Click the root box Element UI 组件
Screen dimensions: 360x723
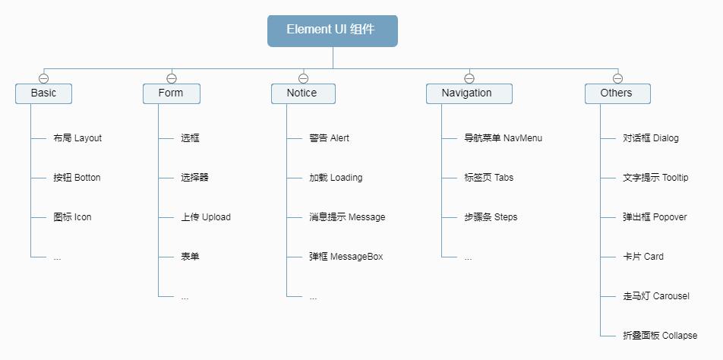(x=332, y=30)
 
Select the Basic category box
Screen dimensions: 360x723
(x=43, y=93)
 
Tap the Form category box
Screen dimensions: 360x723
(x=171, y=93)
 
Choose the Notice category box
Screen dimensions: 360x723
(x=302, y=93)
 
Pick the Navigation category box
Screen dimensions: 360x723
(x=468, y=93)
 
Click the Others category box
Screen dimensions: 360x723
(x=617, y=93)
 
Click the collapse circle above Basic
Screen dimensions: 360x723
(x=43, y=78)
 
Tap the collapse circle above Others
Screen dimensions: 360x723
(x=617, y=78)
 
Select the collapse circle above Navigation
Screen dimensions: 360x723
(x=469, y=78)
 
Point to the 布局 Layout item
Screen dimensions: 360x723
(x=77, y=138)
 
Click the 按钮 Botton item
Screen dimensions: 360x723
(x=77, y=178)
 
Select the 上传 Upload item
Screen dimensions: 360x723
(x=205, y=217)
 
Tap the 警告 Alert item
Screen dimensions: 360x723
(x=329, y=138)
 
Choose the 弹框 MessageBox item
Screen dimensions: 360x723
(x=346, y=257)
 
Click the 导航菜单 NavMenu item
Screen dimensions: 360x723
(x=503, y=138)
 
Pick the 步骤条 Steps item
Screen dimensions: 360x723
(x=490, y=217)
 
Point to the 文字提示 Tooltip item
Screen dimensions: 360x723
(x=655, y=178)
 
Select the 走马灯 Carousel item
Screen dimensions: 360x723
(x=655, y=296)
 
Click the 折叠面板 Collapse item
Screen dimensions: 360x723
(x=659, y=336)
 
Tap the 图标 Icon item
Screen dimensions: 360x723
(x=72, y=217)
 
